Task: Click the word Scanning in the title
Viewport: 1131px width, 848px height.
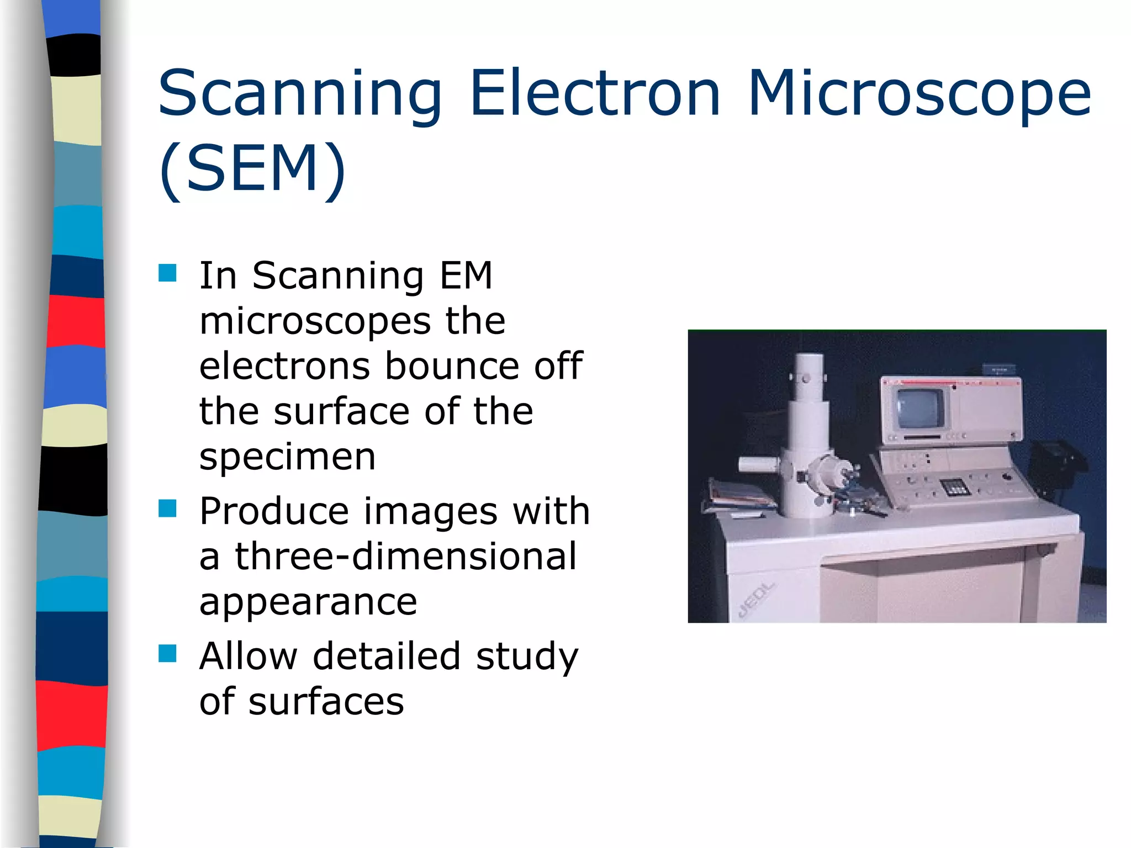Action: pos(300,94)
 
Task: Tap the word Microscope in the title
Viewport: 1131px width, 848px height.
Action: pos(919,94)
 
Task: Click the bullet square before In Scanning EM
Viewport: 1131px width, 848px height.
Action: pos(167,273)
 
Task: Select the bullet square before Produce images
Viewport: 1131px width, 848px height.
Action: pos(167,508)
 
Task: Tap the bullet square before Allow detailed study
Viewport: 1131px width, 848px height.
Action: pos(167,653)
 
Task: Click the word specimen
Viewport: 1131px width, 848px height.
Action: pos(287,458)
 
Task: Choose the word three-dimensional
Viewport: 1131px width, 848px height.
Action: pos(406,556)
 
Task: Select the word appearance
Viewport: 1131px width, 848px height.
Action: pos(308,602)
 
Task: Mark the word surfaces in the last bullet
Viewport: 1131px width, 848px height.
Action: pos(326,702)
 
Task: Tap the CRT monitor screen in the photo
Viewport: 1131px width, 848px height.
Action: pos(920,409)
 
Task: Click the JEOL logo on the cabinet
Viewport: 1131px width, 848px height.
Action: pos(757,599)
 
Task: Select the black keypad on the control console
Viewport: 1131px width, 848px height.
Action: pos(955,486)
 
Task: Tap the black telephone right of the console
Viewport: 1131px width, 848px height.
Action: pos(1058,461)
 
